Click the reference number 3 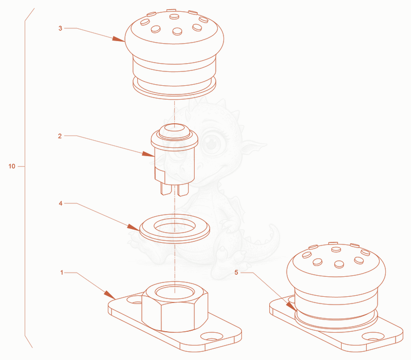(x=60, y=28)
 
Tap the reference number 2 (x=60, y=136)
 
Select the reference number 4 (x=61, y=203)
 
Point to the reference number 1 (x=62, y=273)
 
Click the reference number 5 (x=236, y=273)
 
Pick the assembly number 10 (x=12, y=166)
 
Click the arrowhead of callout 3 (x=119, y=39)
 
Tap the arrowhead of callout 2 (x=148, y=154)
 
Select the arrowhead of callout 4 (x=134, y=227)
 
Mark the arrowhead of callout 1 (x=109, y=295)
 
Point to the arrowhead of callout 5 (x=291, y=306)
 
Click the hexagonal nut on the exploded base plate (x=175, y=306)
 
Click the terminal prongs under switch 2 (x=175, y=189)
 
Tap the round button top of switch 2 (x=175, y=131)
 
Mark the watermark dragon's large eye (x=213, y=143)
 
